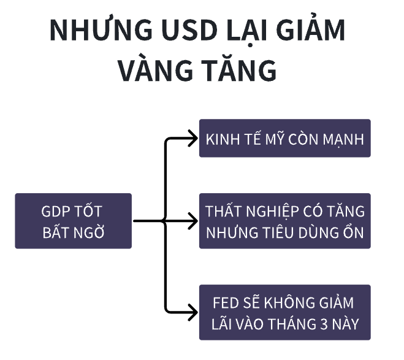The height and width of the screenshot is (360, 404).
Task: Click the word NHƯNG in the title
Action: (93, 31)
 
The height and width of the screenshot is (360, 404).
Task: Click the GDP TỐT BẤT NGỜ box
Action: (73, 221)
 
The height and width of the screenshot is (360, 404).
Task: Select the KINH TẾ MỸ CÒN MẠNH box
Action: (284, 138)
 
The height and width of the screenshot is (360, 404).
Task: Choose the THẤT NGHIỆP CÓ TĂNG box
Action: (284, 221)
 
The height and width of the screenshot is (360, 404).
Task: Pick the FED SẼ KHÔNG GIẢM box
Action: (284, 312)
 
